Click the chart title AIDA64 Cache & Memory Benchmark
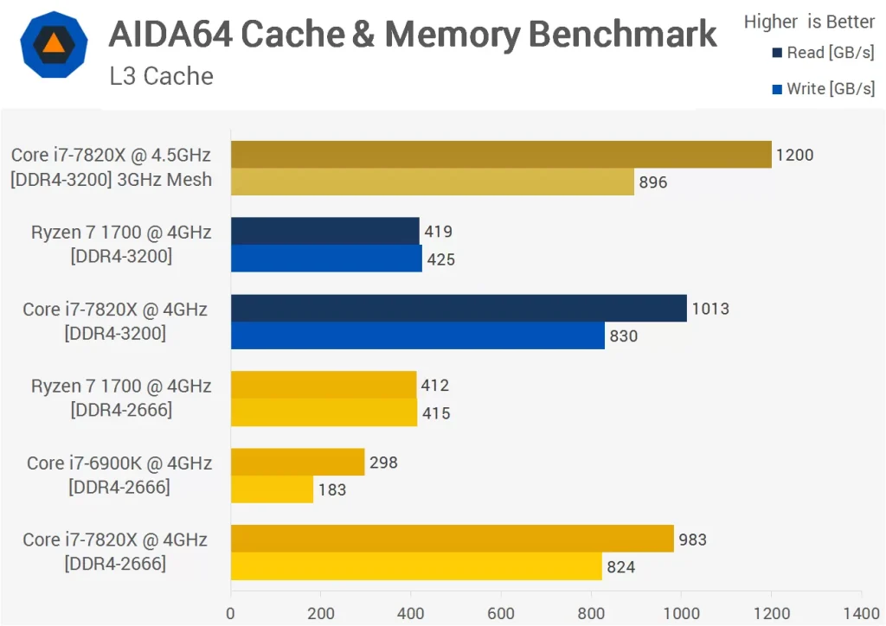tap(413, 34)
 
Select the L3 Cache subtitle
tap(161, 76)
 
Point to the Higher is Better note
tap(809, 22)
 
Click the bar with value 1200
tap(501, 155)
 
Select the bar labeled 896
tap(433, 182)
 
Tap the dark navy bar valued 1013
tap(459, 309)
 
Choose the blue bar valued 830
tap(418, 335)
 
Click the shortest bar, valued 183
tap(272, 489)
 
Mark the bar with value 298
tap(297, 463)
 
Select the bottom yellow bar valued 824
tap(416, 566)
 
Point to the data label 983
tap(692, 540)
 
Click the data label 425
tap(440, 259)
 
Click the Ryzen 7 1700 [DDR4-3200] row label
tap(121, 244)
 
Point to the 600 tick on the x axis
tap(501, 614)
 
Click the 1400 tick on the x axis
tap(860, 614)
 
